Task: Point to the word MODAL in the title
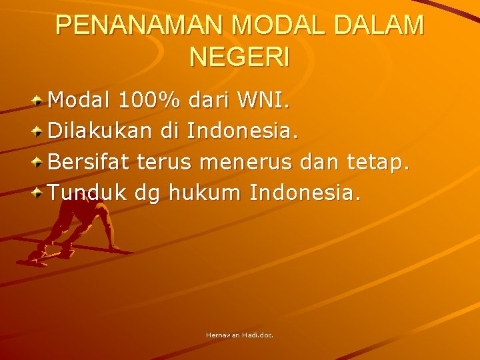point(272,25)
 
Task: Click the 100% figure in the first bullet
point(149,101)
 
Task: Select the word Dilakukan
point(102,131)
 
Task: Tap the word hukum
point(206,193)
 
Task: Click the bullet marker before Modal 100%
point(39,101)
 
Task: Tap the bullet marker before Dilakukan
point(39,131)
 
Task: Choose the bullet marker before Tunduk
point(39,193)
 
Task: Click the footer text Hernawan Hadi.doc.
point(239,335)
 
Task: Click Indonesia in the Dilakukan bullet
point(241,131)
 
